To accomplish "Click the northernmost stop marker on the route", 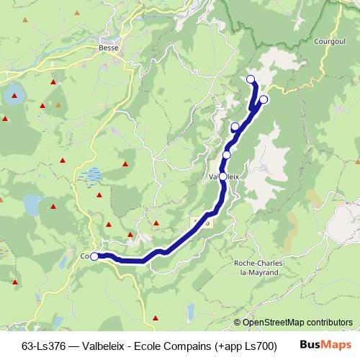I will pyautogui.click(x=251, y=79).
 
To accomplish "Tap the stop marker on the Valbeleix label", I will pyautogui.click(x=222, y=176).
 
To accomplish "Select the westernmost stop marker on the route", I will pyautogui.click(x=94, y=256).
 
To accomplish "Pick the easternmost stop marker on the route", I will pyautogui.click(x=264, y=99).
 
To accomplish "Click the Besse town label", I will pyautogui.click(x=109, y=49).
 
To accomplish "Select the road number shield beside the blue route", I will pyautogui.click(x=202, y=222).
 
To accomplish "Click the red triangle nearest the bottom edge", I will pyautogui.click(x=155, y=318).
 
